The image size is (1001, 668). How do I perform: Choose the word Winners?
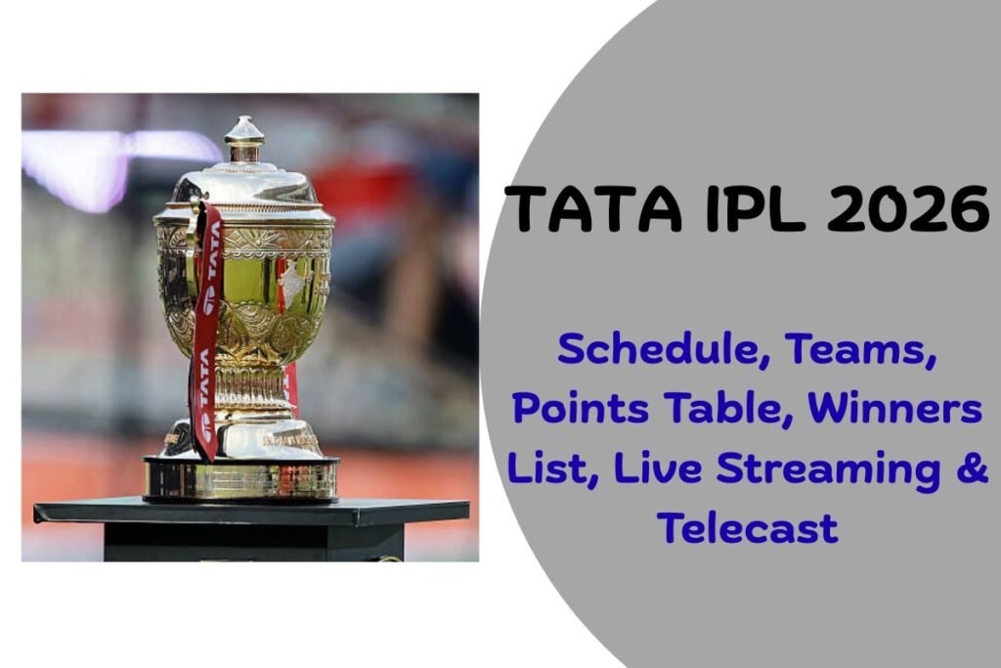[893, 408]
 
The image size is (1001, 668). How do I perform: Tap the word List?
[547, 468]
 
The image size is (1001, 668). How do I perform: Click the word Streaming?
[830, 469]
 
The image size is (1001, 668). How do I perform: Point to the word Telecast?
[748, 528]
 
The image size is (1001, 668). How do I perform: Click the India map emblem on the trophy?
[290, 285]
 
